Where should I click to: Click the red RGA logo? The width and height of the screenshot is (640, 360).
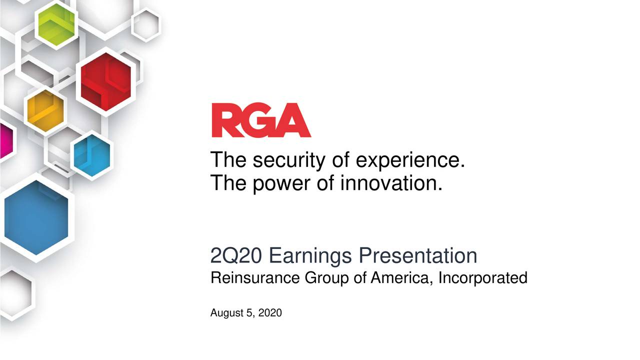[260, 120]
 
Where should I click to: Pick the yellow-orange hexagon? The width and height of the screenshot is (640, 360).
[45, 110]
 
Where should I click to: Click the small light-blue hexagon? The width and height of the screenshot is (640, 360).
[91, 155]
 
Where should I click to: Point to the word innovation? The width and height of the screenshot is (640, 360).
[391, 183]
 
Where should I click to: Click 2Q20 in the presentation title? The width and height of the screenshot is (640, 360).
[236, 256]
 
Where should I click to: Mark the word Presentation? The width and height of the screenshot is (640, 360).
[418, 256]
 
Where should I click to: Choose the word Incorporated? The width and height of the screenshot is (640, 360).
[482, 278]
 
